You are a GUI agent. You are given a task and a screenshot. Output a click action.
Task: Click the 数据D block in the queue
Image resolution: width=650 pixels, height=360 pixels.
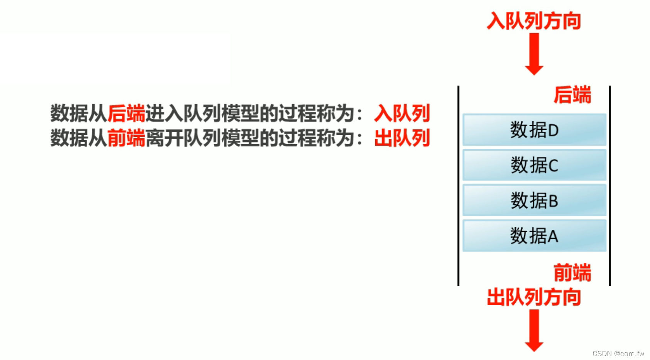tap(534, 130)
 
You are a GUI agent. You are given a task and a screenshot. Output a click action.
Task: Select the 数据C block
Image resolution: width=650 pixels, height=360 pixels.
tap(534, 165)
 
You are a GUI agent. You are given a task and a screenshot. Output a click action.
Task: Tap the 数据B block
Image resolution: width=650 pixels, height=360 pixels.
tap(534, 200)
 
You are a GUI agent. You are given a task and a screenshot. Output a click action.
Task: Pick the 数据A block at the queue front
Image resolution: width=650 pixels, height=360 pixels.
tap(534, 236)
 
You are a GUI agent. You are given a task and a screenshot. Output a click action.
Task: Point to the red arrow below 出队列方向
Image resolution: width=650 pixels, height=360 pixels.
tap(534, 330)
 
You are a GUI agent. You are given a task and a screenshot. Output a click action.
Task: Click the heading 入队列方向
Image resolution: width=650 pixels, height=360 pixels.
tap(534, 21)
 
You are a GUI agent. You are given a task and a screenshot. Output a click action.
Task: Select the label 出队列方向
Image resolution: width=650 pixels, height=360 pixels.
tap(534, 297)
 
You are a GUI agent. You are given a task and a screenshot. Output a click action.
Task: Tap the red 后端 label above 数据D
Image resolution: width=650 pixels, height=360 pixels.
tap(572, 95)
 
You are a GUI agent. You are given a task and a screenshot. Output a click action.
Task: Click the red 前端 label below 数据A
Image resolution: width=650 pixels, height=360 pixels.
tap(572, 273)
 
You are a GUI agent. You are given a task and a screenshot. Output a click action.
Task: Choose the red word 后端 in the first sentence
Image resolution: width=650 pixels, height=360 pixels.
tap(126, 114)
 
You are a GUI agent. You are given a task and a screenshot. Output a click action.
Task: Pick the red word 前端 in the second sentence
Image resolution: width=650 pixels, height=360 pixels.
tap(126, 138)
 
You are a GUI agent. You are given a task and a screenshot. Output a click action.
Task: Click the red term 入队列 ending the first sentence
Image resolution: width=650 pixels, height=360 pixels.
tap(402, 114)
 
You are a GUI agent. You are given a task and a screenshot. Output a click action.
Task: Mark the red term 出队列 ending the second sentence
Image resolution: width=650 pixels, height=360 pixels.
tap(402, 138)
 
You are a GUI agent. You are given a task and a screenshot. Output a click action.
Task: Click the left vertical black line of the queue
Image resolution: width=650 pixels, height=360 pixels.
tap(459, 185)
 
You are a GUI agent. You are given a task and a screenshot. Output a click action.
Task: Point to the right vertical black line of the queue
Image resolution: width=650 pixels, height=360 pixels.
tap(610, 185)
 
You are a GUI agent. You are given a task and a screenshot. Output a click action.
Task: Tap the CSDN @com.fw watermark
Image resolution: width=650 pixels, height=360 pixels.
tap(618, 353)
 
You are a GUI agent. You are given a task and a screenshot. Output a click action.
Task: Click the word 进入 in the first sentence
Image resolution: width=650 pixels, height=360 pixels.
tap(164, 114)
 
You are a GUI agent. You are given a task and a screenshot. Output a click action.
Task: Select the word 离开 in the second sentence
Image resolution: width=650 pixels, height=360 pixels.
tap(164, 138)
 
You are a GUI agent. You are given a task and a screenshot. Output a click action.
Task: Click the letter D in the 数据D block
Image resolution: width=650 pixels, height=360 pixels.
tap(553, 131)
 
